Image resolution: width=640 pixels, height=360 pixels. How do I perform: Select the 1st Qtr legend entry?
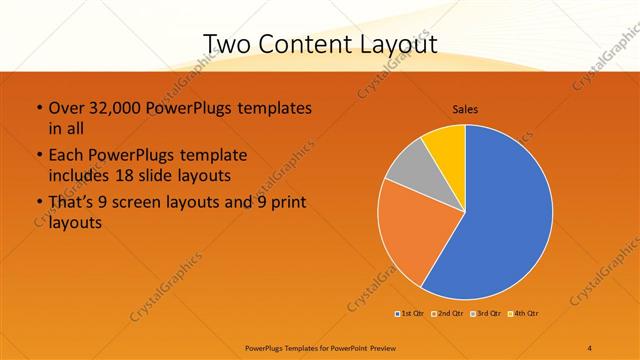411,314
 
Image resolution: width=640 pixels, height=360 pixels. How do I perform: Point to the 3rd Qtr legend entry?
487,314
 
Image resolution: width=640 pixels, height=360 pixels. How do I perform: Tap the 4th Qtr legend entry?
524,314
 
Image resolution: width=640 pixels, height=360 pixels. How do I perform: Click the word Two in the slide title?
227,43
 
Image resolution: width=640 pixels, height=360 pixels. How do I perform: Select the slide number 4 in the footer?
590,348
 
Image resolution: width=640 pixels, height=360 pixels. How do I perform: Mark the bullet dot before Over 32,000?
38,108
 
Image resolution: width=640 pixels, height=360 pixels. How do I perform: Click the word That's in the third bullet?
74,203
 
